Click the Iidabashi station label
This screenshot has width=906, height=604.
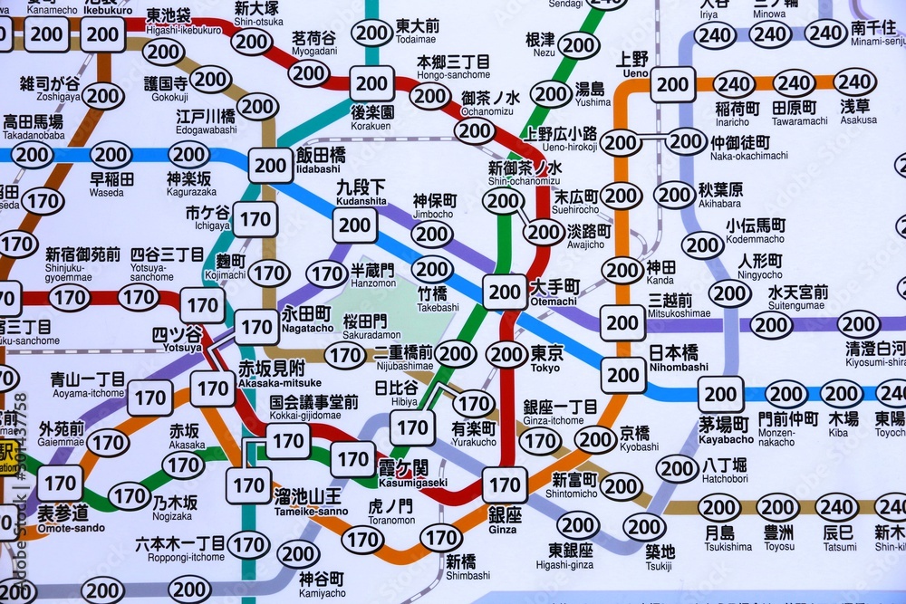pos(320,159)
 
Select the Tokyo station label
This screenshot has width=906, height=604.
pos(545,356)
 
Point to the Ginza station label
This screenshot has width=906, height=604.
pos(505,519)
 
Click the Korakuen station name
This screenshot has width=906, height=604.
pos(372,116)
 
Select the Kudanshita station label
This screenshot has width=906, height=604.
pos(361,193)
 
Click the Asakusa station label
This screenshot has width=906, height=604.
pos(857,111)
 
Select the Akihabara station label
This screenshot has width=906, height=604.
pos(720,196)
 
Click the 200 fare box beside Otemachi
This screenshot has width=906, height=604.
pos(504,292)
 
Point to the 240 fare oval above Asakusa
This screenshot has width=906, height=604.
pos(853,81)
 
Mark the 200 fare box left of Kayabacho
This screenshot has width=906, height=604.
pos(623,374)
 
